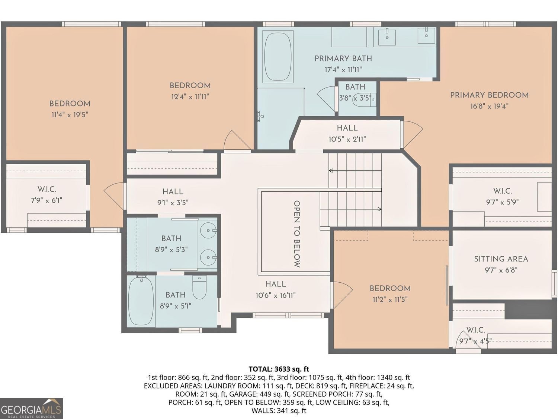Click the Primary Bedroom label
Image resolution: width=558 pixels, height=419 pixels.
pos(489,95)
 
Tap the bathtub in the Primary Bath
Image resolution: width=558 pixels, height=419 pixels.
pos(278,57)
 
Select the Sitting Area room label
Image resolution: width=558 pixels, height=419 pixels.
pos(501,259)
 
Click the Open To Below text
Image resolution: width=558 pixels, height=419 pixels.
pos(296,234)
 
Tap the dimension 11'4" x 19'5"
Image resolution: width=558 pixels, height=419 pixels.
pos(70,115)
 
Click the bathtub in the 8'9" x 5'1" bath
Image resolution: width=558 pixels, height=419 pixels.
pos(141,301)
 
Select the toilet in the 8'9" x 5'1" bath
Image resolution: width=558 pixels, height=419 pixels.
pos(199,288)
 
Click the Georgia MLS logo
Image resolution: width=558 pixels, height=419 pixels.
pos(31,408)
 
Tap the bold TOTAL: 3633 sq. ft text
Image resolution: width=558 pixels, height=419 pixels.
pos(279,369)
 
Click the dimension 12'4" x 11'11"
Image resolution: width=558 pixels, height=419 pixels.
pos(190,97)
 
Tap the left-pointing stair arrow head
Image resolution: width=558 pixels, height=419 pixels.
pos(330,171)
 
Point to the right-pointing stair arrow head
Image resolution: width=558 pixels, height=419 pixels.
pos(379,209)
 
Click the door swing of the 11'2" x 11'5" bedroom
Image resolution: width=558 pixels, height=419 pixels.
pos(341,295)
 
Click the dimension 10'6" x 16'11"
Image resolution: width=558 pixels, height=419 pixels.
pos(276,295)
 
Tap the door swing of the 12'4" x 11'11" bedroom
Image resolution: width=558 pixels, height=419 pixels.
pos(237,140)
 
